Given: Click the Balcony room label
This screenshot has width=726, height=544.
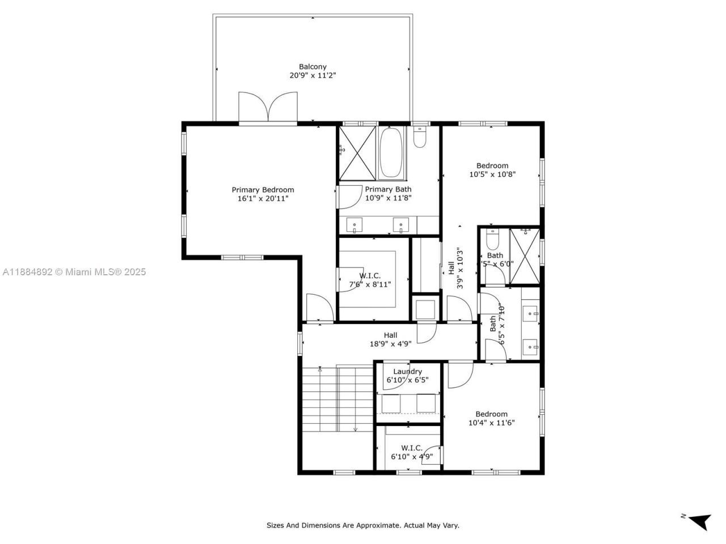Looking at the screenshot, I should click(x=313, y=67).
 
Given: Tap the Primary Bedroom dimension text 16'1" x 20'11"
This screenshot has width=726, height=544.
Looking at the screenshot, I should click(x=263, y=198).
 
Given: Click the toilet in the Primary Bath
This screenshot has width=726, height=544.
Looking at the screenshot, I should click(x=420, y=138).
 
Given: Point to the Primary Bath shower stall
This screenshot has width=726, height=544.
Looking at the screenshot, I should click(x=357, y=153).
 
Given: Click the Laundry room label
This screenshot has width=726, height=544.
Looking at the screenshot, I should click(x=407, y=372).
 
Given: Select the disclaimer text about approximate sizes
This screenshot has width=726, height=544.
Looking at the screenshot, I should click(x=363, y=525).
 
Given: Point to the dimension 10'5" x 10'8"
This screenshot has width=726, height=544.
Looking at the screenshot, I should click(x=492, y=175).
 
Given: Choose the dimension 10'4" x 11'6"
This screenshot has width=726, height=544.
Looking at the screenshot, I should click(x=491, y=423).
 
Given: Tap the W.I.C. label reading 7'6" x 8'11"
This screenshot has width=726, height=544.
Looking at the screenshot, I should click(x=369, y=280).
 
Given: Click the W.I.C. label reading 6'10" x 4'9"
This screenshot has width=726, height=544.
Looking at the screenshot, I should click(x=412, y=452).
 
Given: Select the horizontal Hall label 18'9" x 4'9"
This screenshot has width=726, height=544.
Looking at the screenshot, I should click(x=390, y=339).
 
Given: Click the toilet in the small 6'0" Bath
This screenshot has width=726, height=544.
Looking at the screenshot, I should click(x=492, y=240).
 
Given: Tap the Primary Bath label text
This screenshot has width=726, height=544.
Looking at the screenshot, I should click(x=388, y=189).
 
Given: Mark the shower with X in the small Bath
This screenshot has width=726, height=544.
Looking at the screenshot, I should click(x=524, y=256).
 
